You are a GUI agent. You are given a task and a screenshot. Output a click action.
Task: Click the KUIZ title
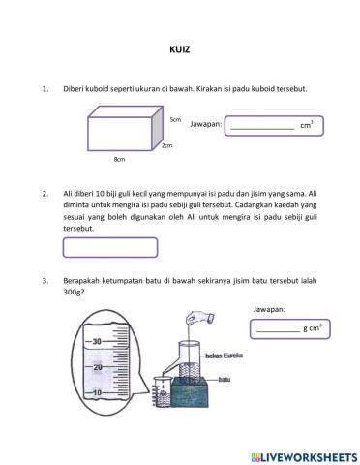(x=180, y=56)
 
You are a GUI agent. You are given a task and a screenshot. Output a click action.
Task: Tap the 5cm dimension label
(x=175, y=118)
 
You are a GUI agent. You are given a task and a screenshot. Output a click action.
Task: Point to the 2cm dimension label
(x=167, y=145)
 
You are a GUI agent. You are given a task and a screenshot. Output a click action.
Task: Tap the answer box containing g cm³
(x=286, y=329)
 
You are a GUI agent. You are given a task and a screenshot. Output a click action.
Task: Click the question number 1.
(x=45, y=89)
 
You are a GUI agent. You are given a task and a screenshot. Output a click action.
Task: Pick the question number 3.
(x=45, y=281)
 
